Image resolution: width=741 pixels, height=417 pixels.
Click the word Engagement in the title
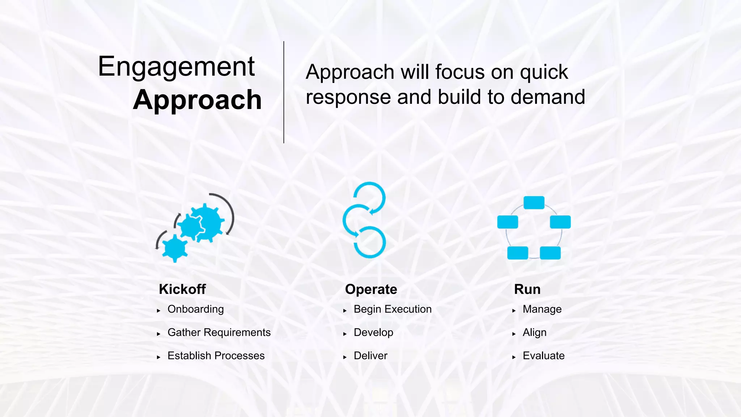click(x=176, y=67)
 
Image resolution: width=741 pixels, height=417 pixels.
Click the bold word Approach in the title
click(x=197, y=100)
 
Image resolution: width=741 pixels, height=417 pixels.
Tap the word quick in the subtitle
click(x=544, y=72)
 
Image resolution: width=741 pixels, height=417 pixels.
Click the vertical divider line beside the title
click(x=284, y=92)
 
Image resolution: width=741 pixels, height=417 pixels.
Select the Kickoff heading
click(x=182, y=289)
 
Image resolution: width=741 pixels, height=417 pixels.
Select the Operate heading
click(x=371, y=289)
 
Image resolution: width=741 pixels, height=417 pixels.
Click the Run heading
click(x=527, y=289)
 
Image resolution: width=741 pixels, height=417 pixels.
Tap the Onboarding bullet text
click(x=195, y=309)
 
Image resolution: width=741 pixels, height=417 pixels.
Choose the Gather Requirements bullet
click(x=219, y=332)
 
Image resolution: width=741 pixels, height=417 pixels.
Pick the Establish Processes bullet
click(x=216, y=355)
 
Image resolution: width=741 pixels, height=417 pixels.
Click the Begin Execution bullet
click(x=393, y=309)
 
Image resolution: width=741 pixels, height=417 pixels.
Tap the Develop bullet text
click(x=373, y=332)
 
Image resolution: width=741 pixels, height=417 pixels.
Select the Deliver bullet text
click(x=370, y=355)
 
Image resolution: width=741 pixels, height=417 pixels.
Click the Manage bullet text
click(x=542, y=309)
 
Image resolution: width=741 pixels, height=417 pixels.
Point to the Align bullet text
click(x=534, y=332)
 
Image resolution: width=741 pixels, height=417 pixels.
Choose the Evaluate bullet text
click(x=543, y=355)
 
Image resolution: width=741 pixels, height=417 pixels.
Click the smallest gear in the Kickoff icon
click(x=175, y=248)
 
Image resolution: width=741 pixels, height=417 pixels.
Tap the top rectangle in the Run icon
click(x=534, y=203)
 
